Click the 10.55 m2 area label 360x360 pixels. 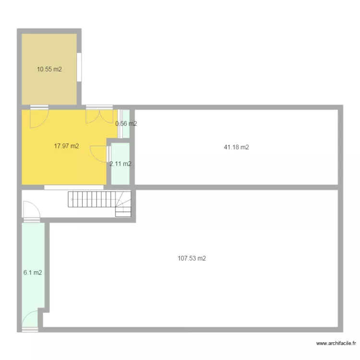click(x=49, y=69)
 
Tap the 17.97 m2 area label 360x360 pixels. click(x=66, y=146)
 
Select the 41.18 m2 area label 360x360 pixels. click(x=236, y=147)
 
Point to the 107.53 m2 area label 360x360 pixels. click(x=192, y=258)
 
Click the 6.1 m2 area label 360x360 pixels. click(x=33, y=273)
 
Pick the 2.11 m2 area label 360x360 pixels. click(x=120, y=164)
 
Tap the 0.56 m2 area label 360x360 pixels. click(x=126, y=123)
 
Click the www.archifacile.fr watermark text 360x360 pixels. click(x=336, y=343)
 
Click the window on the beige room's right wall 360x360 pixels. click(x=79, y=67)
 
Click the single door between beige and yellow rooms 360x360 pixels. click(x=39, y=117)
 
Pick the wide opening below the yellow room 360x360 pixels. click(x=74, y=188)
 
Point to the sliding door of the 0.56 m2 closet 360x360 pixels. click(x=120, y=124)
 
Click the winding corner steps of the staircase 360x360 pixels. click(x=123, y=204)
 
